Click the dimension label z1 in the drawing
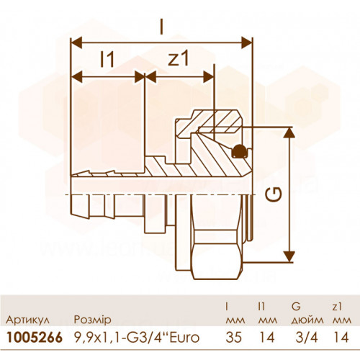(x=179, y=59)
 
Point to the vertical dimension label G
(x=274, y=194)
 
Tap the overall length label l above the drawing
(x=161, y=26)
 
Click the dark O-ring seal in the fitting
(x=240, y=151)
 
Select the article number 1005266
(x=35, y=338)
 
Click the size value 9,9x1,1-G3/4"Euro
(x=137, y=338)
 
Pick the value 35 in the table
(x=234, y=338)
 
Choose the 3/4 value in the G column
(x=307, y=338)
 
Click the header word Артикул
(x=28, y=320)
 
